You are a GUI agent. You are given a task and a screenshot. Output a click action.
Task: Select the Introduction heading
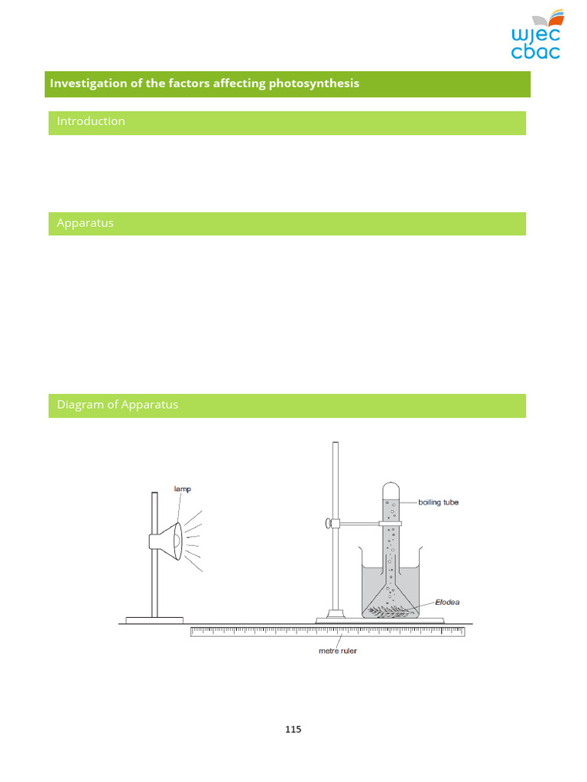click(91, 121)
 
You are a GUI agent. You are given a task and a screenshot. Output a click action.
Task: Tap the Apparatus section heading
click(85, 223)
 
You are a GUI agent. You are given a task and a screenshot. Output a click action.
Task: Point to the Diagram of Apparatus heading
click(117, 405)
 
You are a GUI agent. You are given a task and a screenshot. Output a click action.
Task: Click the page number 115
click(293, 729)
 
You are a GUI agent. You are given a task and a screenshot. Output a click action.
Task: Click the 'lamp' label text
click(183, 490)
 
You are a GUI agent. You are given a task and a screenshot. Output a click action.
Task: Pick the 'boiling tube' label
click(439, 502)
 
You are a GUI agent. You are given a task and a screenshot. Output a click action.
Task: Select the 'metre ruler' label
click(337, 651)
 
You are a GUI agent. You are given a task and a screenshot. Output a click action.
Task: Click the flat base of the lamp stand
click(154, 619)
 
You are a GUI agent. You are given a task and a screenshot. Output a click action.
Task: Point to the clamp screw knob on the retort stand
click(329, 523)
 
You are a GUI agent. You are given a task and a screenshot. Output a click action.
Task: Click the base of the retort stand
click(335, 616)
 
